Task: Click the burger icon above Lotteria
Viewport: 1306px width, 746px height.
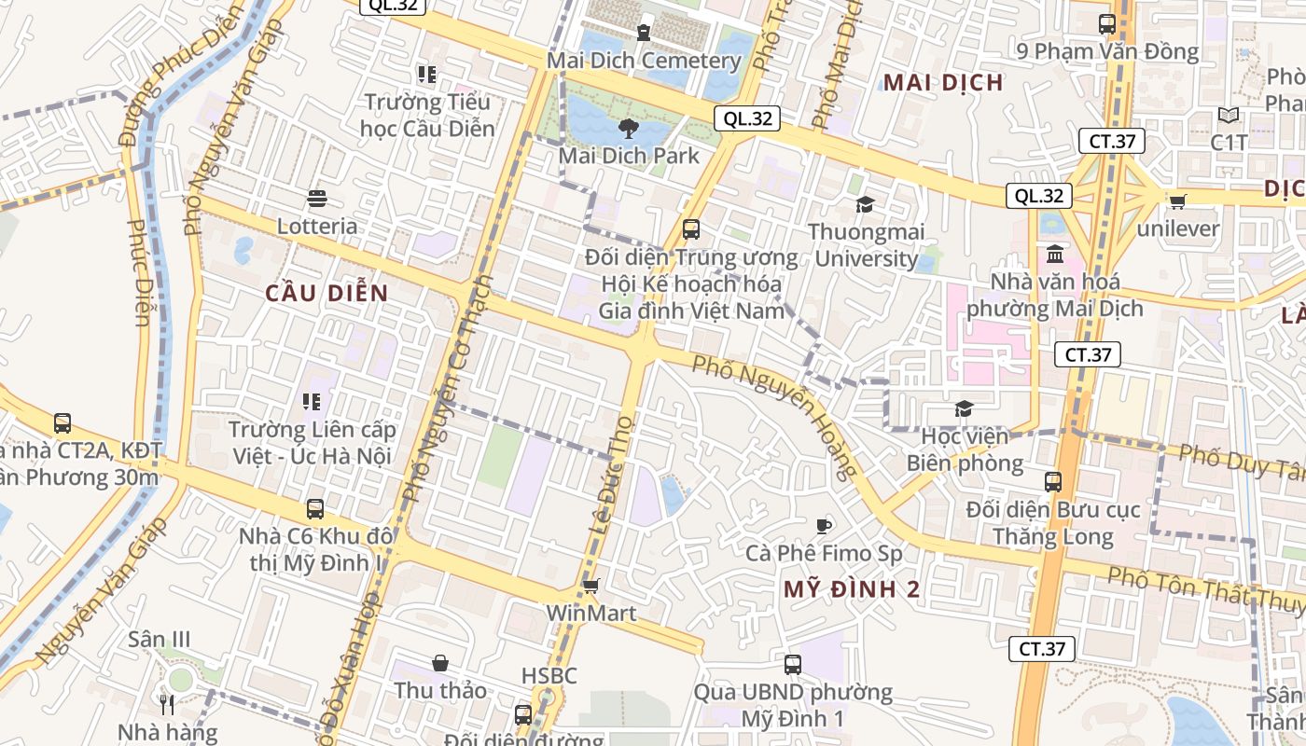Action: pyautogui.click(x=317, y=199)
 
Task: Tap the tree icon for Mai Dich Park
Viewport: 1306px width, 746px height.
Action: pyautogui.click(x=628, y=129)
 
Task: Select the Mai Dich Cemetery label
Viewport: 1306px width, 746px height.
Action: pyautogui.click(x=644, y=61)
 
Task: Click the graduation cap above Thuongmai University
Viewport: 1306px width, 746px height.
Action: pyautogui.click(x=866, y=204)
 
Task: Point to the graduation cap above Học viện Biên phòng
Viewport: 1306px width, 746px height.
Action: pyautogui.click(x=964, y=408)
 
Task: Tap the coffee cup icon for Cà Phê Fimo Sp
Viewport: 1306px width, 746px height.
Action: pyautogui.click(x=823, y=526)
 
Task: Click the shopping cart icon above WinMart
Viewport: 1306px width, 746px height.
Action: pyautogui.click(x=590, y=586)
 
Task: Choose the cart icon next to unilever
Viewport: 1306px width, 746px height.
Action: pyautogui.click(x=1178, y=200)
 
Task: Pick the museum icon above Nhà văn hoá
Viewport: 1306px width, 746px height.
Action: pyautogui.click(x=1055, y=254)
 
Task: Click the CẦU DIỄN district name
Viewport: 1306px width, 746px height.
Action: pyautogui.click(x=326, y=293)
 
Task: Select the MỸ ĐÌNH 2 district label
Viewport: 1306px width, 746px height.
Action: pyautogui.click(x=852, y=589)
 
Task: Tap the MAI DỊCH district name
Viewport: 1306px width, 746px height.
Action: pyautogui.click(x=943, y=82)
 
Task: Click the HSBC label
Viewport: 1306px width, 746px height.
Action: pyautogui.click(x=549, y=675)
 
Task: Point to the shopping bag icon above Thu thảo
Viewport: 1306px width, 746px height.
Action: pyautogui.click(x=440, y=663)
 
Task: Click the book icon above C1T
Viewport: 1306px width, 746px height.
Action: pyautogui.click(x=1229, y=116)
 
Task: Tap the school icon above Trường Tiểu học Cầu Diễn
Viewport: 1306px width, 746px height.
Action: pyautogui.click(x=427, y=73)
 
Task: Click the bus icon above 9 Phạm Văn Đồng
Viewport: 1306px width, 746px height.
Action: pyautogui.click(x=1107, y=24)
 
